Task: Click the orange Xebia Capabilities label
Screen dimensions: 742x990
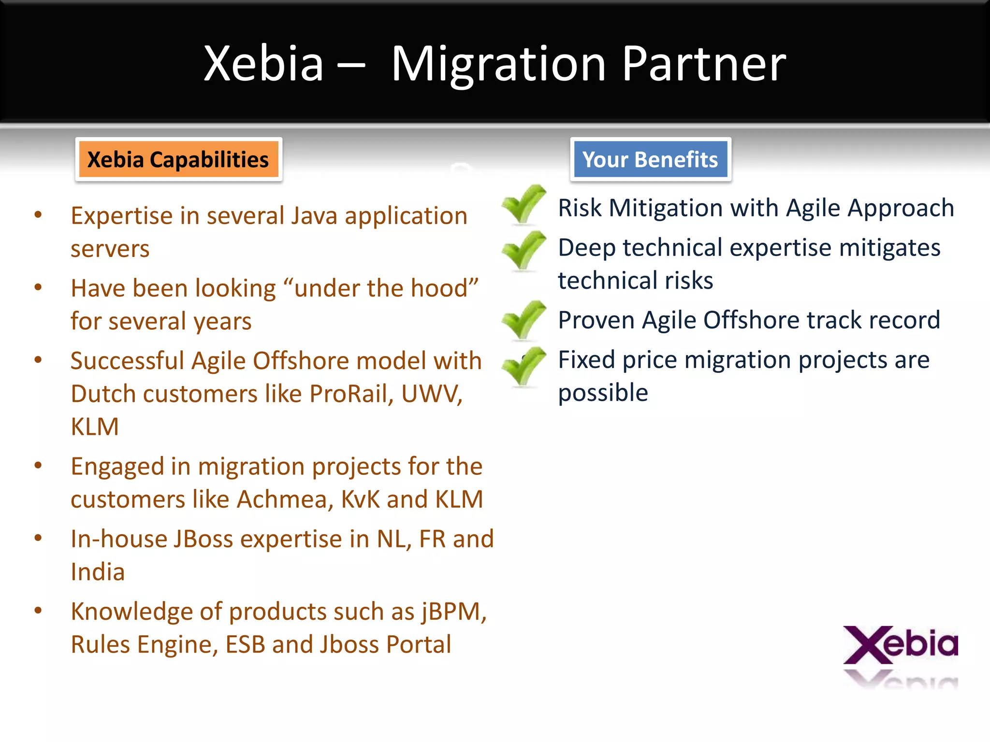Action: click(x=178, y=160)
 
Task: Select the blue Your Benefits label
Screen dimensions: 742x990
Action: click(x=650, y=160)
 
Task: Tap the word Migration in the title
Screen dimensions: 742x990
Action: click(x=498, y=64)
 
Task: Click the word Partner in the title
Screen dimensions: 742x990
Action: click(x=704, y=64)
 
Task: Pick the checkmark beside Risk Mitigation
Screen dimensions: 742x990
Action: click(x=524, y=205)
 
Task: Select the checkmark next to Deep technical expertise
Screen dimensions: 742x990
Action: click(x=524, y=250)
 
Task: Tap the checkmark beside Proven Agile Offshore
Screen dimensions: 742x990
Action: click(x=524, y=320)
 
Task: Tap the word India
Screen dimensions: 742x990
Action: click(x=98, y=572)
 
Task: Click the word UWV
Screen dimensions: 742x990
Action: click(x=431, y=394)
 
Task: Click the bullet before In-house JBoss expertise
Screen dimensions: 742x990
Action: click(x=38, y=539)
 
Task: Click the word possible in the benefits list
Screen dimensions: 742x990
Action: click(x=603, y=393)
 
